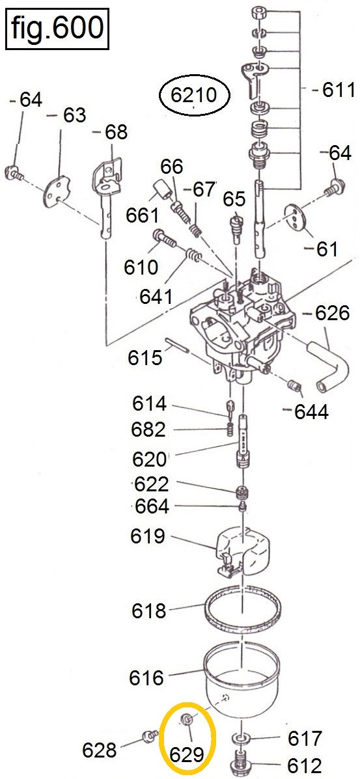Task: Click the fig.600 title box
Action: tap(57, 28)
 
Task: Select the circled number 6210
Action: tap(194, 94)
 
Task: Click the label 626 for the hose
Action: tap(333, 313)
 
